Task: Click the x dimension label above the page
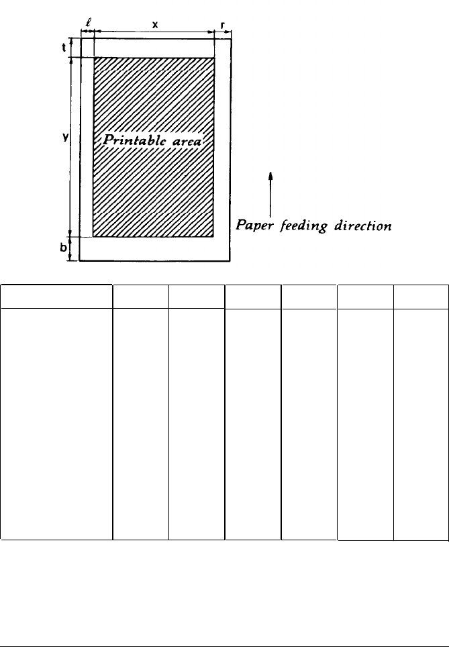(155, 24)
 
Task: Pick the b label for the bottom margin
(63, 247)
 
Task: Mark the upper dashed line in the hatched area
(154, 70)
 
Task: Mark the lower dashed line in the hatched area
(154, 212)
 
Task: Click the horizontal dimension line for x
(155, 32)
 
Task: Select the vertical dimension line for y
(71, 148)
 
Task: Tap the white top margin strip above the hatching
(155, 48)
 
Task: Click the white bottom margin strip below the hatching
(155, 248)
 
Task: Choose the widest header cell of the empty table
(56, 297)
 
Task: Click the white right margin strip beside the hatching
(223, 148)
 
